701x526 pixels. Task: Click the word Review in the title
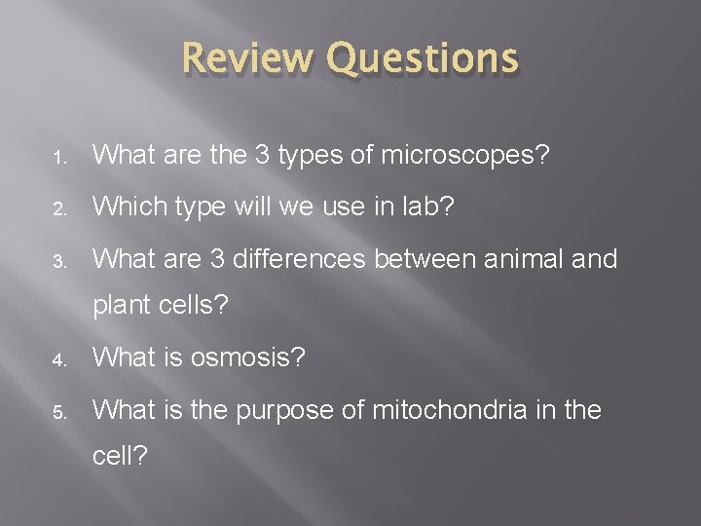(x=247, y=58)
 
